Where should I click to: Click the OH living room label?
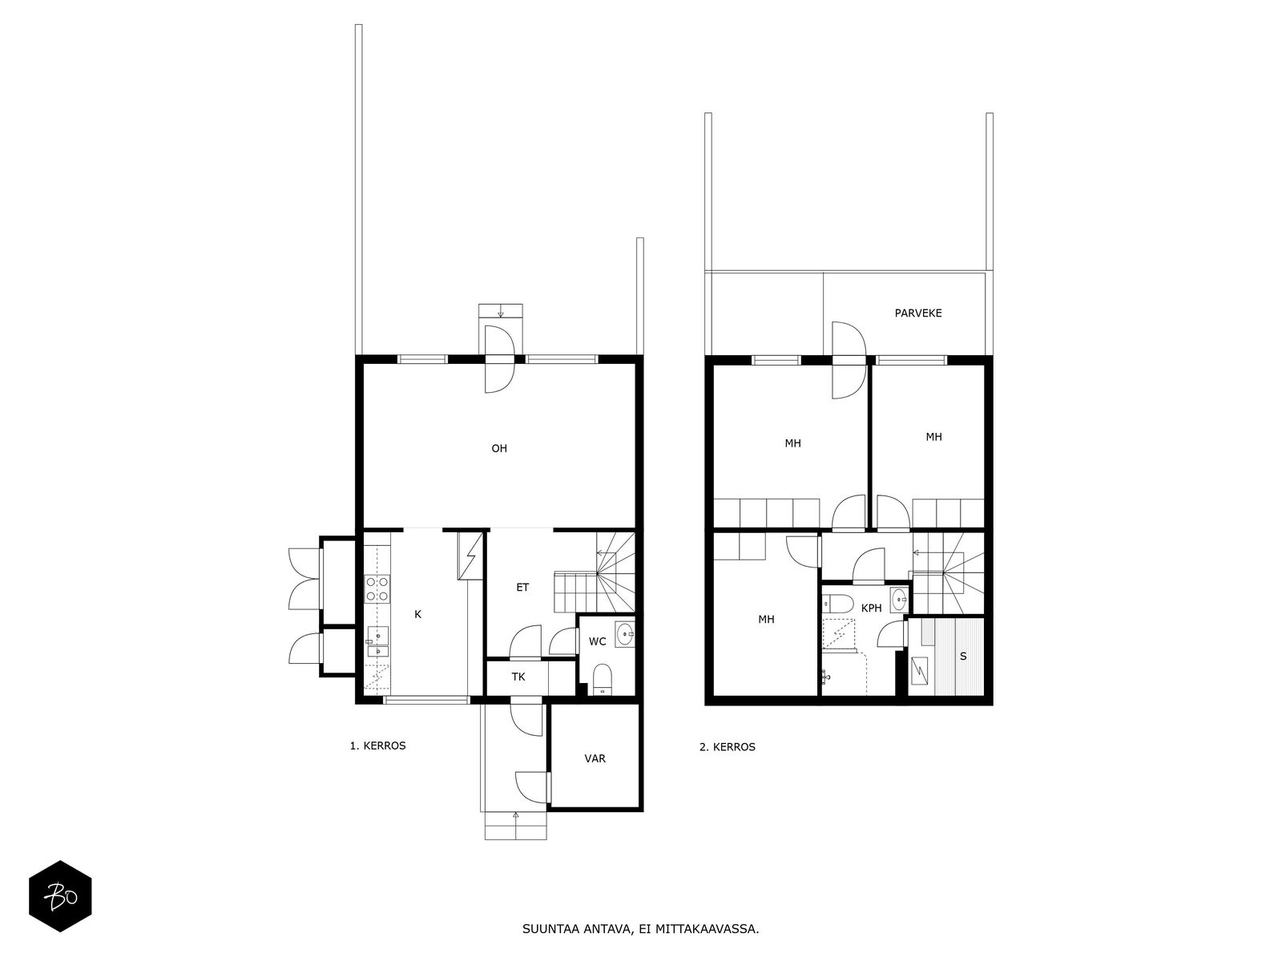[x=499, y=449]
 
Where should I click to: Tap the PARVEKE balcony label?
[x=918, y=313]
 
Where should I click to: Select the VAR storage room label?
[x=595, y=758]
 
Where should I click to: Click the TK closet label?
[x=518, y=677]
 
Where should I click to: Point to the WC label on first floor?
[x=597, y=641]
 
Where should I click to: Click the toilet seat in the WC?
[x=603, y=677]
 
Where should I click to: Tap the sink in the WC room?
[x=625, y=636]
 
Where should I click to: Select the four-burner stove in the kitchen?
[x=377, y=588]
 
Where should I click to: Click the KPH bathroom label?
[x=871, y=608]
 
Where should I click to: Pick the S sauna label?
[x=963, y=657]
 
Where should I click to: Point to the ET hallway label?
[x=522, y=588]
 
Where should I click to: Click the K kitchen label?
[x=417, y=615]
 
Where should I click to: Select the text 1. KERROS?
[x=377, y=746]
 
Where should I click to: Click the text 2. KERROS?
[x=728, y=747]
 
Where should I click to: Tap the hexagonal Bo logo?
[x=60, y=896]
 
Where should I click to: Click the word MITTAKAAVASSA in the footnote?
[x=706, y=930]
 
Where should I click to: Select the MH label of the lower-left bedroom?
[x=766, y=620]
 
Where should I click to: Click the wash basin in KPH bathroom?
[x=900, y=597]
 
